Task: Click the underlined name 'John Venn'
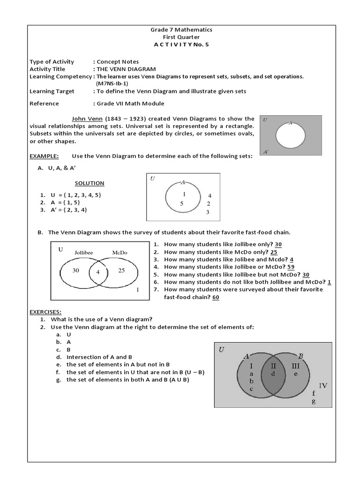(x=84, y=119)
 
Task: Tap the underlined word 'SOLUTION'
(x=90, y=183)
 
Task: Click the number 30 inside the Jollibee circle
(x=76, y=270)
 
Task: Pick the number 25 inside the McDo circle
(x=121, y=270)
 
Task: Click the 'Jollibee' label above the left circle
(x=83, y=253)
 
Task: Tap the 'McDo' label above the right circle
(x=120, y=253)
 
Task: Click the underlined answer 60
(x=216, y=297)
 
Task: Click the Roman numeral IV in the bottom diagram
(x=323, y=385)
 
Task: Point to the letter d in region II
(x=273, y=374)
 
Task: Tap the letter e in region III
(x=296, y=374)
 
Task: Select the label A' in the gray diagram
(x=266, y=152)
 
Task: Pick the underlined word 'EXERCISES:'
(x=46, y=312)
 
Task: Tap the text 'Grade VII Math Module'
(x=131, y=104)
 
